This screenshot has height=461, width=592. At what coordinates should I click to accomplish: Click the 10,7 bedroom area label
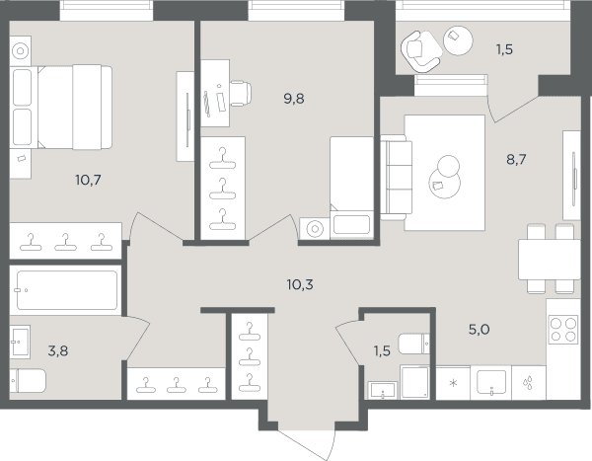[88, 181]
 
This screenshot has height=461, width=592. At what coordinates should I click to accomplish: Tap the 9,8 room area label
[294, 99]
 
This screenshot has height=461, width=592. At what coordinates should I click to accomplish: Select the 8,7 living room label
[516, 160]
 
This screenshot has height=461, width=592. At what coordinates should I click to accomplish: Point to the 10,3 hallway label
[300, 284]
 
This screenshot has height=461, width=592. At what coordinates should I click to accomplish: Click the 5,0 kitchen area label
[480, 330]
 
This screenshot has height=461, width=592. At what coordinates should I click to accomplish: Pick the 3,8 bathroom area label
[58, 351]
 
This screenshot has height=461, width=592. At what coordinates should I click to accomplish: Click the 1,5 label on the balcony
[504, 49]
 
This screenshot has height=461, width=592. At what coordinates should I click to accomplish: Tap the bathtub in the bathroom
[67, 290]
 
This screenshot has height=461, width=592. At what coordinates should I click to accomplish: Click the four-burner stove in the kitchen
[563, 329]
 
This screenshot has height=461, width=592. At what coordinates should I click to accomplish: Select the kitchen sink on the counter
[490, 382]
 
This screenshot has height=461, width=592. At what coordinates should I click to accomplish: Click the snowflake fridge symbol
[453, 383]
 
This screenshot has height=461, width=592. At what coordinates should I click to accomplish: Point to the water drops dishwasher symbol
[528, 382]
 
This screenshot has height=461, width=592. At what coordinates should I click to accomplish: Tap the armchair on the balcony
[420, 51]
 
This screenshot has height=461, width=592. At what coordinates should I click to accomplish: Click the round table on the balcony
[458, 40]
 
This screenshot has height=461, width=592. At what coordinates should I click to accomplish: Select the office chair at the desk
[240, 94]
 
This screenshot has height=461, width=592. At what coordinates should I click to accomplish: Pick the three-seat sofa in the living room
[396, 178]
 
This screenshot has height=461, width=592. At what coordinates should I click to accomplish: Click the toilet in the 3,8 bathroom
[28, 380]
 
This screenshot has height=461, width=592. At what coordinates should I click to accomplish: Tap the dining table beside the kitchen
[549, 260]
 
